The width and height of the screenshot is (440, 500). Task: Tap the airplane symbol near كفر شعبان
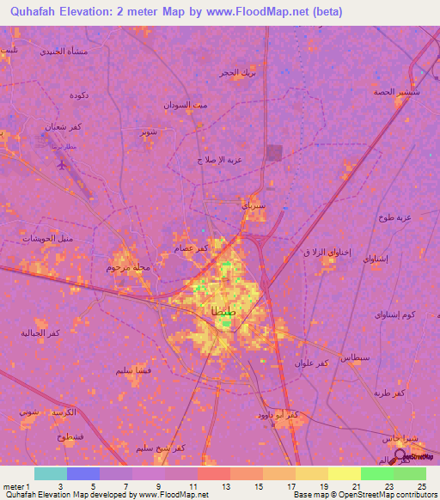[60, 164]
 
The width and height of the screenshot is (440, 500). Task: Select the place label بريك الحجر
[236, 73]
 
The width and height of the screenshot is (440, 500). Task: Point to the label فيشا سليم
[136, 370]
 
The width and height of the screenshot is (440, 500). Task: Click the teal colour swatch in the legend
[50, 473]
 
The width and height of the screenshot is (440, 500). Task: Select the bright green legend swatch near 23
[377, 473]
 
